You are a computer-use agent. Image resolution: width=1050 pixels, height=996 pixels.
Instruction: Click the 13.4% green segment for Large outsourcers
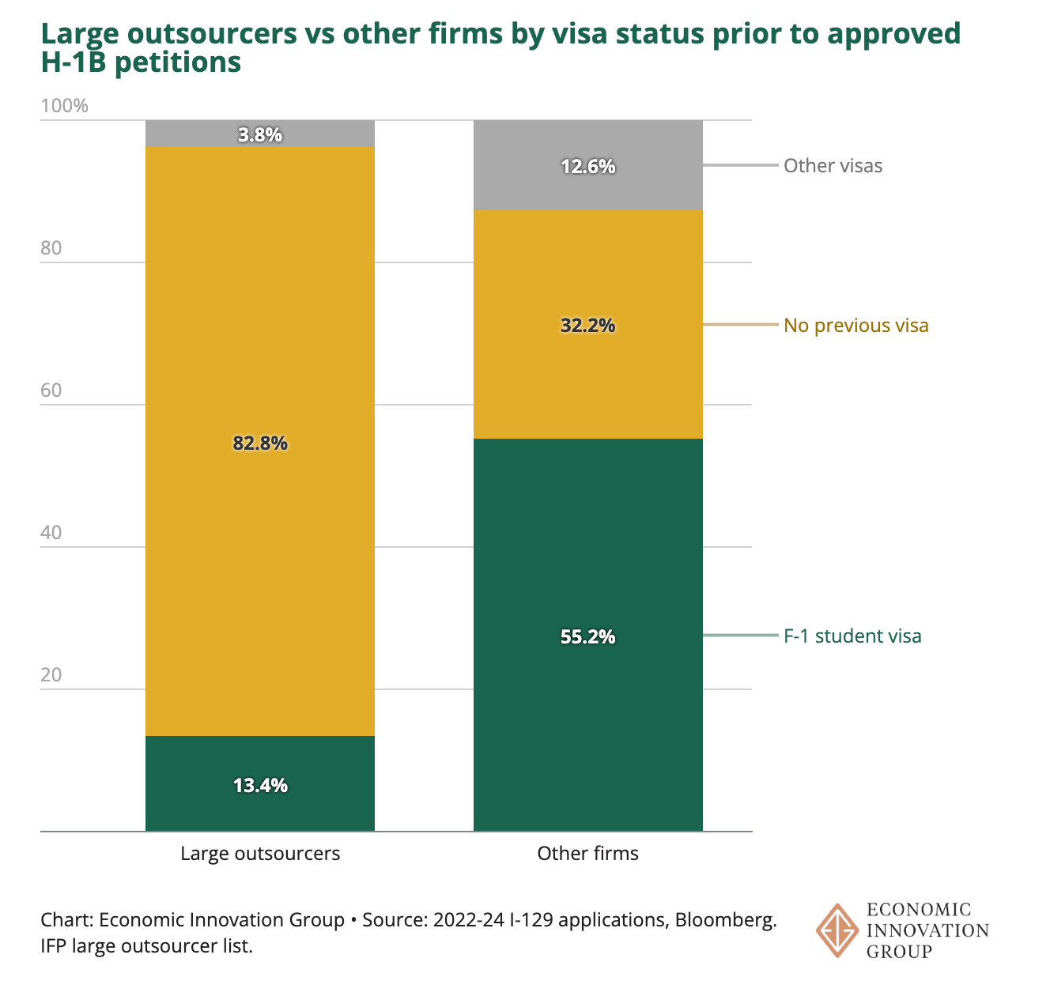click(x=259, y=783)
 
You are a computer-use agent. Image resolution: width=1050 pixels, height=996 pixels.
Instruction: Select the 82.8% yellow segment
click(x=259, y=441)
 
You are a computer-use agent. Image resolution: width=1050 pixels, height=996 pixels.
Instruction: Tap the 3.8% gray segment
click(x=259, y=134)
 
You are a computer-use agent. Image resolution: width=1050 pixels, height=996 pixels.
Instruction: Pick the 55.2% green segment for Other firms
click(x=587, y=635)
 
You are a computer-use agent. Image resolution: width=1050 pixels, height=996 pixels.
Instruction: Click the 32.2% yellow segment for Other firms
click(x=587, y=324)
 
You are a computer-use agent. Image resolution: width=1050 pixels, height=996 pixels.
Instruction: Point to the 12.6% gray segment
click(x=587, y=165)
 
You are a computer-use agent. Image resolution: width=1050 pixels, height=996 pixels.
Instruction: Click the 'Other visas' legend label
click(x=833, y=165)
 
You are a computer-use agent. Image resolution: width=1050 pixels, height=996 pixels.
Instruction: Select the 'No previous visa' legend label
click(x=855, y=325)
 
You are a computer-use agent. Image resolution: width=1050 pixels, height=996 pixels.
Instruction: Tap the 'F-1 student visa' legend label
click(x=852, y=636)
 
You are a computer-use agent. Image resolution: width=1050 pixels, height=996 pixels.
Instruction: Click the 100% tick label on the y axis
click(x=64, y=106)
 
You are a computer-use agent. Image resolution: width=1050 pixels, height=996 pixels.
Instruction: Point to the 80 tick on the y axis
click(x=51, y=247)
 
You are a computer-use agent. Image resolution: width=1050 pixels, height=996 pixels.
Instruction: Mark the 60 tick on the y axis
click(x=51, y=390)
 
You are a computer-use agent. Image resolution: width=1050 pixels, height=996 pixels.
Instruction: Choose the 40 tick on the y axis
click(x=51, y=533)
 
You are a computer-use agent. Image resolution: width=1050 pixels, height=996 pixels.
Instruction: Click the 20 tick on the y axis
click(x=51, y=674)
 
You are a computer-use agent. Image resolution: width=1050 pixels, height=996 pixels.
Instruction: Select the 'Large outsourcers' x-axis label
click(x=260, y=854)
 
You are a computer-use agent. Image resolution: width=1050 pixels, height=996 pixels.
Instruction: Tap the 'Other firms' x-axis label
click(x=587, y=854)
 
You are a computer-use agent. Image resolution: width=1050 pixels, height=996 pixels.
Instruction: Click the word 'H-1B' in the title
click(x=74, y=62)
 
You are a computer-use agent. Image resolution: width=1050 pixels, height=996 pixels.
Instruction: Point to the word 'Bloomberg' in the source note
click(x=725, y=920)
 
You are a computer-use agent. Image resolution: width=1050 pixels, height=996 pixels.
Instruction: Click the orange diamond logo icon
click(x=837, y=930)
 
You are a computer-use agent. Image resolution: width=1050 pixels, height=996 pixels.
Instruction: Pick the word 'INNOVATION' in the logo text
click(x=927, y=930)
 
